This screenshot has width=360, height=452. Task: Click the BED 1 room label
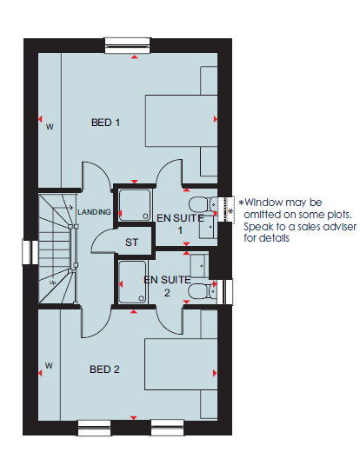coord(105,123)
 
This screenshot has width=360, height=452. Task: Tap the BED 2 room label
coord(104,369)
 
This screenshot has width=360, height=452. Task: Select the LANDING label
coord(94,212)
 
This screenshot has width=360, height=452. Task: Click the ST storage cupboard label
coord(131,243)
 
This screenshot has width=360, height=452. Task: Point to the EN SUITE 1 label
coord(180,224)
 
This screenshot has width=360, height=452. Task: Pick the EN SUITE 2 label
coord(167,286)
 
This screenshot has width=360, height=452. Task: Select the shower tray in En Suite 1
coord(135,205)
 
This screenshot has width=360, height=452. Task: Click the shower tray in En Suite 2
coord(132,282)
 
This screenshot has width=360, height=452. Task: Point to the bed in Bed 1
coord(182,121)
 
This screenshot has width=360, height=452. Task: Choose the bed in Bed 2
coord(181,364)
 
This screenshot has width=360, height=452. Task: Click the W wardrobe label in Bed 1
coord(50,127)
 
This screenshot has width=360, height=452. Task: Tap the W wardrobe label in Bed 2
coord(49,366)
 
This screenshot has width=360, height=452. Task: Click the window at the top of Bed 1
coord(128,45)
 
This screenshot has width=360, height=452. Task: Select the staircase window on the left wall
coord(30,251)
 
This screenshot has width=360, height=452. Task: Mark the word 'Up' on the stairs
coord(52,282)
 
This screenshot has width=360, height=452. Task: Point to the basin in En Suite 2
coord(199,266)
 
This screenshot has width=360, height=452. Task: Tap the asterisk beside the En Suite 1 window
coord(230,211)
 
